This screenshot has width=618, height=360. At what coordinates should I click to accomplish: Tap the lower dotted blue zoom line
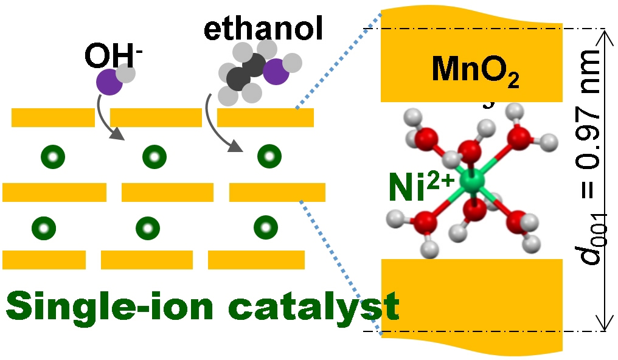[x=341, y=268]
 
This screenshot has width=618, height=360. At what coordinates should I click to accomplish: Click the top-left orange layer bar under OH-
[x=53, y=117]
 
